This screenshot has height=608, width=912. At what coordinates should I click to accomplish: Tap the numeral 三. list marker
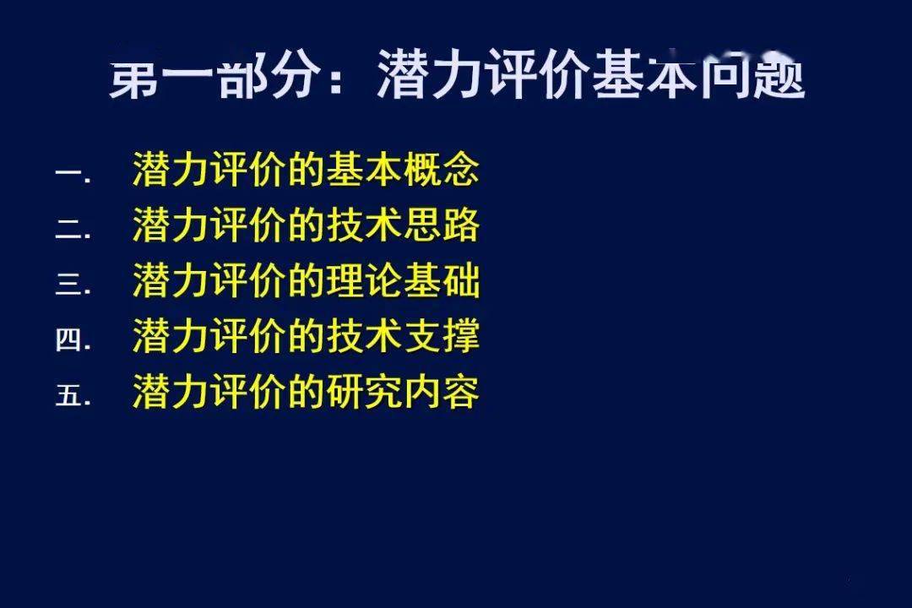(x=73, y=285)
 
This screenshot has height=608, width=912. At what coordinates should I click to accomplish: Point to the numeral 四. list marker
(x=73, y=339)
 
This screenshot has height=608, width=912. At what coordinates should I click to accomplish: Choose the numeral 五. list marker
(x=73, y=394)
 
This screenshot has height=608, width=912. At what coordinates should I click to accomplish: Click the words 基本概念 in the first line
(x=403, y=169)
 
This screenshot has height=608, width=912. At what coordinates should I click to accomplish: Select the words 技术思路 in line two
(x=403, y=225)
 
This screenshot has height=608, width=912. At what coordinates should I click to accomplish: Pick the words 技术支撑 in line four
(x=403, y=335)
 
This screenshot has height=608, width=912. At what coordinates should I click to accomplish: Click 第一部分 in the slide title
(x=214, y=77)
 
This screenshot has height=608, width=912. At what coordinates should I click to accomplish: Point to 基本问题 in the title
(x=699, y=76)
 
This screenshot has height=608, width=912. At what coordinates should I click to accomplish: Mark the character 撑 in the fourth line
(x=461, y=335)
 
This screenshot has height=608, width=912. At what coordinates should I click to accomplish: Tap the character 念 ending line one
(x=461, y=169)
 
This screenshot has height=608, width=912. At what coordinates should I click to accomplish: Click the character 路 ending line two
(x=461, y=225)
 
